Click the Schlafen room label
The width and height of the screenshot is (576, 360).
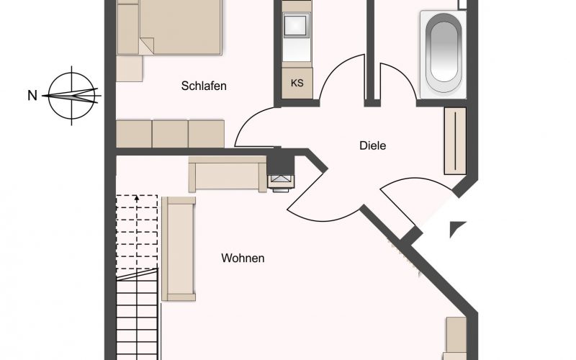[204, 86]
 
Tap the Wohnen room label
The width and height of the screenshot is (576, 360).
[243, 258]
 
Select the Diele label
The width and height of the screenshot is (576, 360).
[372, 145]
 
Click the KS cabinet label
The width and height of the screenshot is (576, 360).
[297, 83]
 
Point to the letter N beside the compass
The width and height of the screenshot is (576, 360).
[32, 96]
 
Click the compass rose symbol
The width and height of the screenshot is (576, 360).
[71, 96]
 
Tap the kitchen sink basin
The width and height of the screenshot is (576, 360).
[297, 25]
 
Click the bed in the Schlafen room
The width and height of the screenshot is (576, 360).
[169, 27]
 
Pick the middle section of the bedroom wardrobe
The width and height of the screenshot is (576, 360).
[170, 134]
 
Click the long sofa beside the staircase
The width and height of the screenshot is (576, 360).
[179, 248]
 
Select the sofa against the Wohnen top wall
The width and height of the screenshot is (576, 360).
[228, 174]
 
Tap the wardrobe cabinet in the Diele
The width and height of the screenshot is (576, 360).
[455, 140]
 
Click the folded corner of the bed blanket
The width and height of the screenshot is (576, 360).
[147, 45]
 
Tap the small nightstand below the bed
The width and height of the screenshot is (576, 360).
[130, 68]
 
